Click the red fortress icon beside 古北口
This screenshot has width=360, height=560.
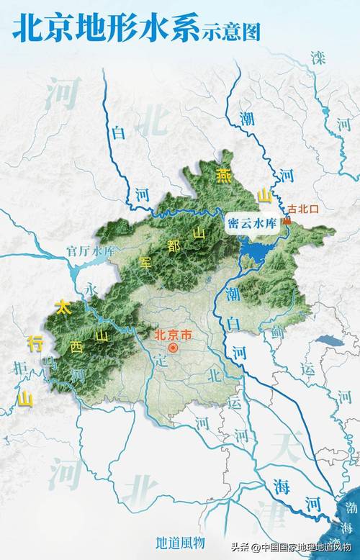pyautogui.click(x=287, y=222)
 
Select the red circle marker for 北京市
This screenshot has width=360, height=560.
pyautogui.click(x=173, y=348)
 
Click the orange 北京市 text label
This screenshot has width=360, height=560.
pyautogui.click(x=174, y=334)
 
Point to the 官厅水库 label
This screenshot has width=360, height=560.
pyautogui.click(x=91, y=251)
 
